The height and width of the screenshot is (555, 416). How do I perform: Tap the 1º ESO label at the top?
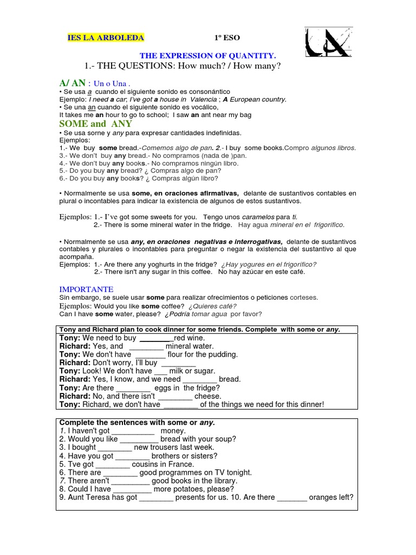pyautogui.click(x=227, y=38)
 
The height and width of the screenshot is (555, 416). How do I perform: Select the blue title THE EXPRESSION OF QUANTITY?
pyautogui.click(x=208, y=55)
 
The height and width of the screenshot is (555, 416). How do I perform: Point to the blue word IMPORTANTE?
pyautogui.click(x=86, y=289)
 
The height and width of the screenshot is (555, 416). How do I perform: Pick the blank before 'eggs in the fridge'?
pyautogui.click(x=133, y=388)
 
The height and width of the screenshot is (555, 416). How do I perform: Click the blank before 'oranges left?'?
pyautogui.click(x=292, y=498)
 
